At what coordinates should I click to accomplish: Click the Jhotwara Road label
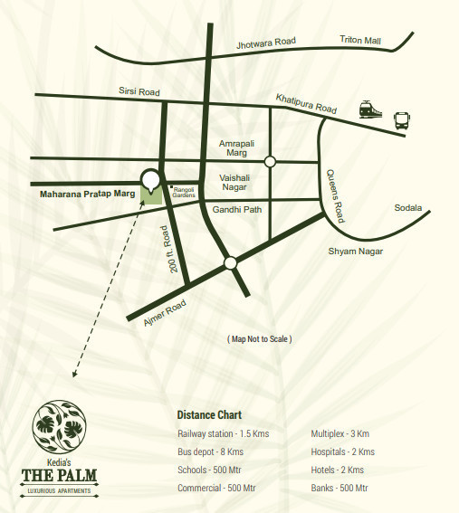point(266,42)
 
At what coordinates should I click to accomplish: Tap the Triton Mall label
point(360,39)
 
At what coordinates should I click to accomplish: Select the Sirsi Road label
point(139,91)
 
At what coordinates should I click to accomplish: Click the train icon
point(369,109)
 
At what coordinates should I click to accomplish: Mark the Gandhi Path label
point(236,210)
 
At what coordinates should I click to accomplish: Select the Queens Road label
point(336,195)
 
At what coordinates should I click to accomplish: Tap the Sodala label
point(408,208)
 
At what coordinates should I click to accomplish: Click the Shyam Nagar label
point(356,251)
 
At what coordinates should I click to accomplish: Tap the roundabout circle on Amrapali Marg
point(270,161)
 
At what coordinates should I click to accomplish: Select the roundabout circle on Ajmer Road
point(230,262)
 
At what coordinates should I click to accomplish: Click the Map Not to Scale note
point(259,338)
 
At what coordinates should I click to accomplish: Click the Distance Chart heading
point(209,414)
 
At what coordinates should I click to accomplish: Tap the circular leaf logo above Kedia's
point(59,428)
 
